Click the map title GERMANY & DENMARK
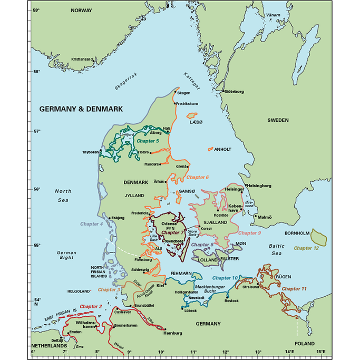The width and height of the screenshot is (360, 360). (x=81, y=109)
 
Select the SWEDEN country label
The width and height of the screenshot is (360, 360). (x=278, y=120)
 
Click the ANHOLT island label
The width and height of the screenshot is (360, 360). (x=222, y=149)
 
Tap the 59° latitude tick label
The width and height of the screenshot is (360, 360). (x=36, y=10)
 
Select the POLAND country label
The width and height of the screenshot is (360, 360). (x=304, y=343)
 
